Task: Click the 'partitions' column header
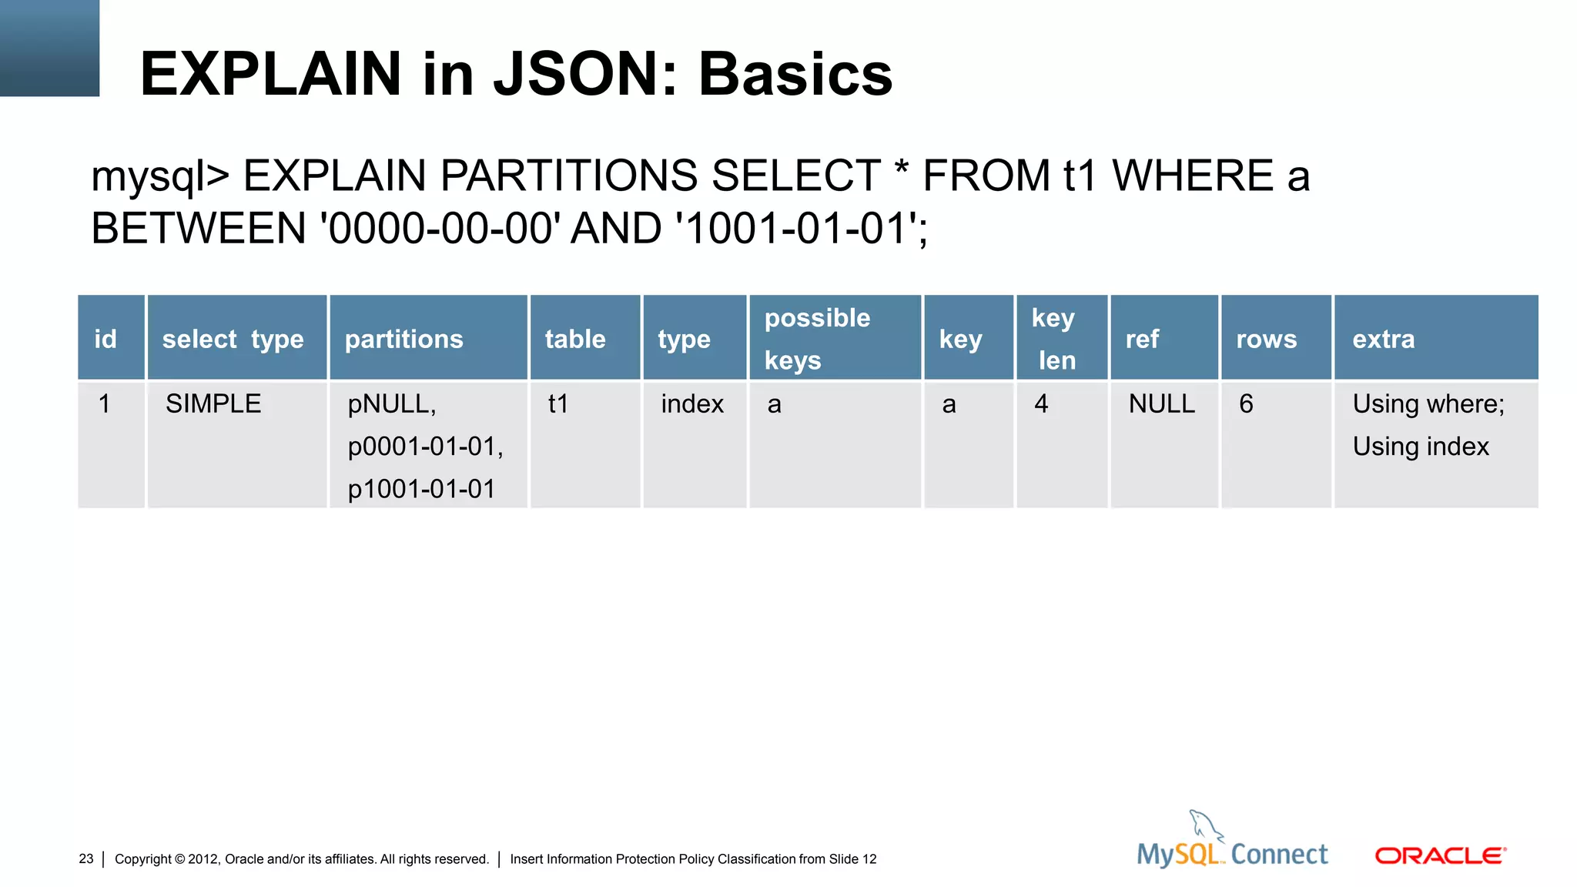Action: pyautogui.click(x=403, y=339)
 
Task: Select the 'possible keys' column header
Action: pyautogui.click(x=817, y=339)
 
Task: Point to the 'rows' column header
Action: pyautogui.click(x=1266, y=339)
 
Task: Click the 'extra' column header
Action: pyautogui.click(x=1383, y=339)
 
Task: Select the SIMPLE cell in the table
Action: pyautogui.click(x=213, y=403)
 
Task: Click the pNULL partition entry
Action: pyautogui.click(x=391, y=403)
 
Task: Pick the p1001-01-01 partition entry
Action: pyautogui.click(x=421, y=489)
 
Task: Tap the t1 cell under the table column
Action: pyautogui.click(x=558, y=403)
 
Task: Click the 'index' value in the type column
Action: pyautogui.click(x=691, y=403)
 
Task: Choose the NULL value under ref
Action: pyautogui.click(x=1161, y=403)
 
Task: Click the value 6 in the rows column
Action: pyautogui.click(x=1246, y=403)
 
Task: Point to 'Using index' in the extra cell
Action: pyautogui.click(x=1421, y=447)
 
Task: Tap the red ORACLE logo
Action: pyautogui.click(x=1440, y=855)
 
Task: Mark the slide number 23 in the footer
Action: pyautogui.click(x=85, y=859)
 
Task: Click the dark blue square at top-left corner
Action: pyautogui.click(x=49, y=48)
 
